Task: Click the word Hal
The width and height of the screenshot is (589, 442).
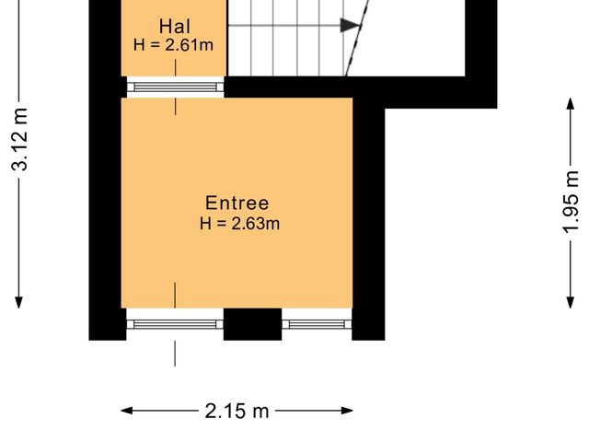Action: click(x=175, y=26)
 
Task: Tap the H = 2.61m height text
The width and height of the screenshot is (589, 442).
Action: click(x=175, y=44)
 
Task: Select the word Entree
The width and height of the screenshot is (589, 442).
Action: click(x=237, y=204)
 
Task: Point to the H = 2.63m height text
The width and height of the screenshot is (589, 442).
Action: click(x=239, y=224)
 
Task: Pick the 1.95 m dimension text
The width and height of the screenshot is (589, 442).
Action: click(x=572, y=202)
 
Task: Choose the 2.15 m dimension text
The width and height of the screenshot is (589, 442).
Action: click(x=237, y=411)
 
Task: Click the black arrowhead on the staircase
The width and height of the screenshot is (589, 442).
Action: click(x=349, y=26)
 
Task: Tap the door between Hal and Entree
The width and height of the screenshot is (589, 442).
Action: click(x=175, y=87)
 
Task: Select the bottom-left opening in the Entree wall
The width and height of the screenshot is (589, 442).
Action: click(x=175, y=323)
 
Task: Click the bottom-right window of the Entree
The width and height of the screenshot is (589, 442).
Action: click(x=318, y=323)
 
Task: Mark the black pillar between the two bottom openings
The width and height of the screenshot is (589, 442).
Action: click(x=252, y=324)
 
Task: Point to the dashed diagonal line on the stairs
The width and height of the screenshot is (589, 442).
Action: click(x=359, y=37)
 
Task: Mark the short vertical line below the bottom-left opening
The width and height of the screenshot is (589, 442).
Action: click(x=175, y=353)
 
